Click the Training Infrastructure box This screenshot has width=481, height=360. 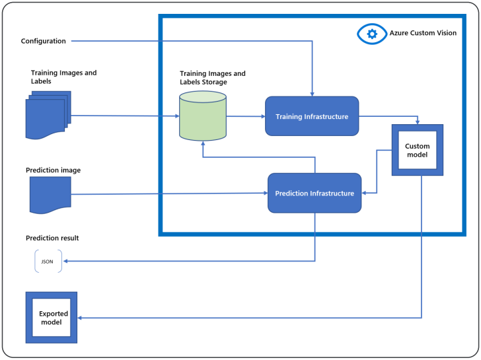point(312,116)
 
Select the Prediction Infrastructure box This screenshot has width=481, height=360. point(314,193)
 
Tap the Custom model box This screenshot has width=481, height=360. point(417,151)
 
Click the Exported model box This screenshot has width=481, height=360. point(51,318)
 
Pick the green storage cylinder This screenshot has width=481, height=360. point(203,116)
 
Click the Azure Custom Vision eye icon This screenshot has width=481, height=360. point(371,33)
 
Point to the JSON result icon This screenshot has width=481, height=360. point(48,262)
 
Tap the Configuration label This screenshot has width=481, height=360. point(44,41)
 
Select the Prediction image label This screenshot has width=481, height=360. point(53,170)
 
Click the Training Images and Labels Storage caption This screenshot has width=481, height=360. point(212,77)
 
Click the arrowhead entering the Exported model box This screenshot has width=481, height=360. point(81,318)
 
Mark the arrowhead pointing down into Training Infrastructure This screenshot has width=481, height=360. point(313,93)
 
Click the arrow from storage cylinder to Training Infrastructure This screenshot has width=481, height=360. point(245,116)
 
